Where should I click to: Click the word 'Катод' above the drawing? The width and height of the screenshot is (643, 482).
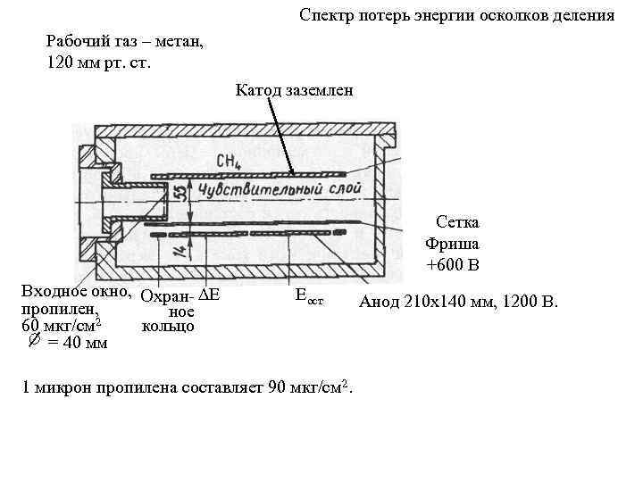pyautogui.click(x=257, y=89)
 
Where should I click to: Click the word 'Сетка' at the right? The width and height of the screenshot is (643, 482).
pyautogui.click(x=456, y=221)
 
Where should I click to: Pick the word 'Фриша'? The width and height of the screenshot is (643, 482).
pyautogui.click(x=452, y=243)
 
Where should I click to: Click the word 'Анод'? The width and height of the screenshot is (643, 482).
pyautogui.click(x=379, y=302)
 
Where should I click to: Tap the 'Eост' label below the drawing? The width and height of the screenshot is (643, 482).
pyautogui.click(x=308, y=295)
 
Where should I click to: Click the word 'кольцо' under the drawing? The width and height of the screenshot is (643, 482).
pyautogui.click(x=167, y=327)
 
